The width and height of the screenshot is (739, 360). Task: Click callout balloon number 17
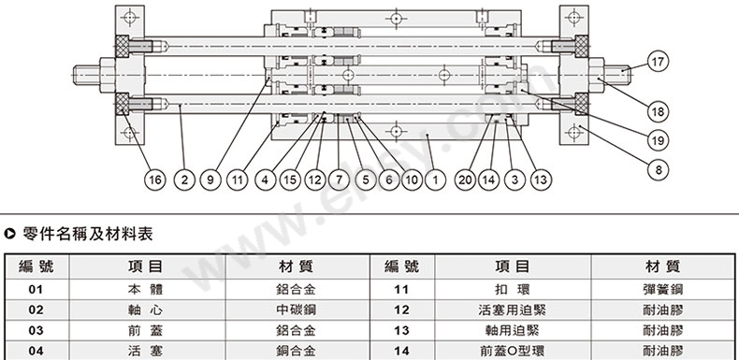[659, 63]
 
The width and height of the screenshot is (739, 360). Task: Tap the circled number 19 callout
[659, 139]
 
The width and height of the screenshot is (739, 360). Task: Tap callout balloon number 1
[432, 178]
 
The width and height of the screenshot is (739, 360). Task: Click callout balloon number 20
[464, 178]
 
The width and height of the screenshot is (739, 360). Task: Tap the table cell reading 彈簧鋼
[662, 289]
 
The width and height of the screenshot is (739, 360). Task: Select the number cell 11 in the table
[402, 289]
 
